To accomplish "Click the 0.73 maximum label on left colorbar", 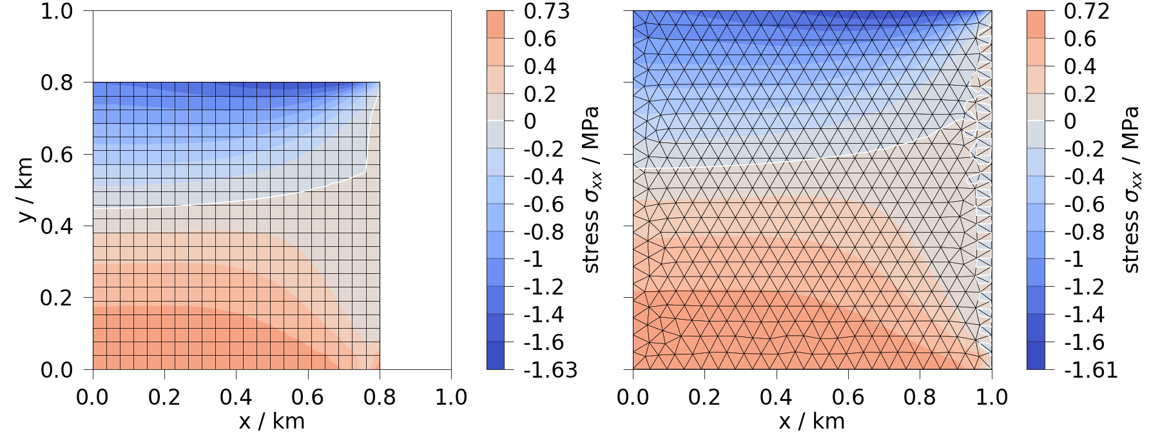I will click(x=546, y=12).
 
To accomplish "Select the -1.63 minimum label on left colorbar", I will click(x=550, y=370).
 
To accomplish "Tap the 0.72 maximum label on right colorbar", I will click(x=1087, y=12).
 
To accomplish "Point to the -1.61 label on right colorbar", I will click(x=1090, y=370).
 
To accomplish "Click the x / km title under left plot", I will click(x=271, y=421).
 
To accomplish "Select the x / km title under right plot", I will click(x=811, y=421).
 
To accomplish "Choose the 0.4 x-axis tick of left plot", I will click(x=236, y=397).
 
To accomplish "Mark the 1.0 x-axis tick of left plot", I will click(x=450, y=397).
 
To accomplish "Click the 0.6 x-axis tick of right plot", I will click(x=848, y=397).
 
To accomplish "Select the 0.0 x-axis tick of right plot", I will click(x=633, y=397).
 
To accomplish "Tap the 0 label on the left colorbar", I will click(x=530, y=121).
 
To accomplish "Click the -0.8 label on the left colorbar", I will click(x=545, y=232).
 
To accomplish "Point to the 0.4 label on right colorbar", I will click(x=1080, y=66).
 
